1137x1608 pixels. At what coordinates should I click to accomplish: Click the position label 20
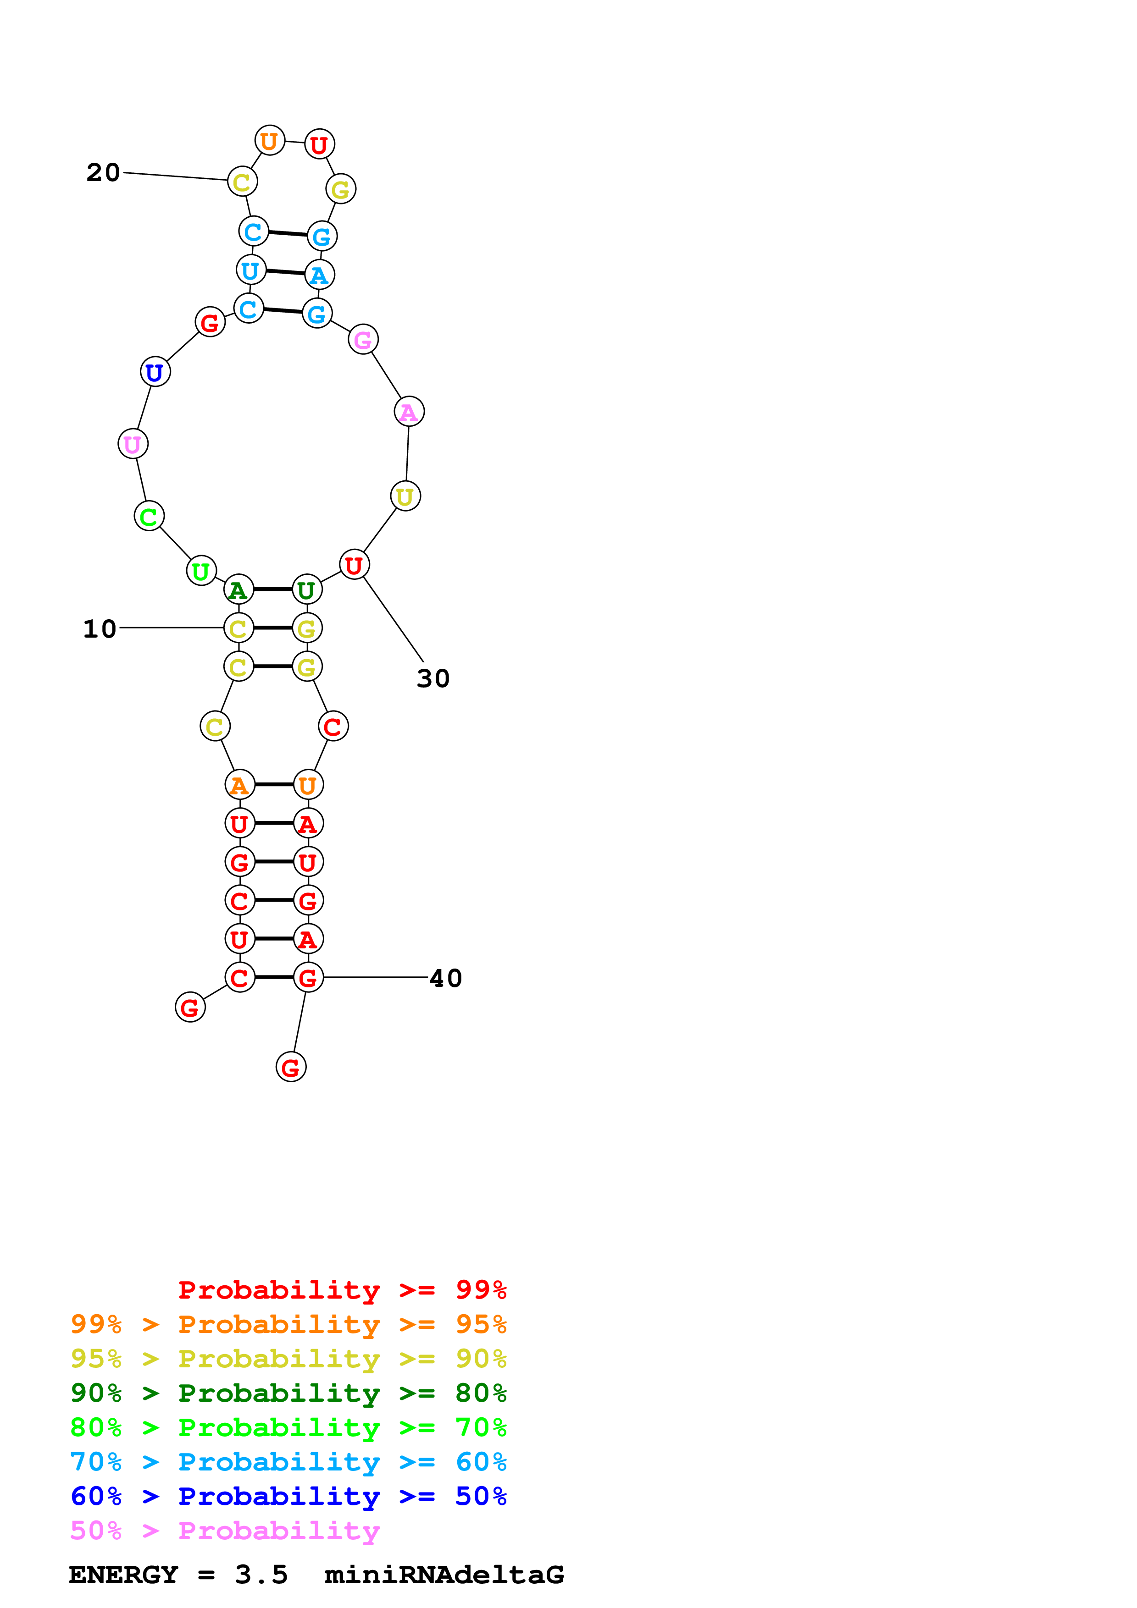[103, 172]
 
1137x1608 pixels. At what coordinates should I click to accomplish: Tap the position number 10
[100, 629]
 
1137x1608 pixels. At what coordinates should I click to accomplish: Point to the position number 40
[445, 978]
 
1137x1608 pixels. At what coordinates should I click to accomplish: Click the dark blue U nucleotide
[155, 372]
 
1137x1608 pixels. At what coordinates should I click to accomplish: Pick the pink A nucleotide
[409, 412]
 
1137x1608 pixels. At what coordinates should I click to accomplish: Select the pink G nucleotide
[363, 340]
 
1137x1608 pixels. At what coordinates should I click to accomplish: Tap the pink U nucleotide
[133, 444]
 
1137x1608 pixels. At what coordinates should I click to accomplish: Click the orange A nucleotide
[239, 785]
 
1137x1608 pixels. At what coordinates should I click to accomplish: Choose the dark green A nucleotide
[238, 589]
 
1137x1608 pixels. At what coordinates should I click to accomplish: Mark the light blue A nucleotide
[320, 275]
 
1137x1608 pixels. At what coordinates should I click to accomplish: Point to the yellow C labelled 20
[242, 182]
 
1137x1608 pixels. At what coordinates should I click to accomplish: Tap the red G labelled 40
[308, 978]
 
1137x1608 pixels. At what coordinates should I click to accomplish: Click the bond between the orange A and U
[273, 785]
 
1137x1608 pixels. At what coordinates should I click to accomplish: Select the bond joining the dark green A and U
[272, 589]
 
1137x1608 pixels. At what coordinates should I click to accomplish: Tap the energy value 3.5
[261, 1575]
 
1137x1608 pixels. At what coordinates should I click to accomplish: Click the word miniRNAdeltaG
[444, 1575]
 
